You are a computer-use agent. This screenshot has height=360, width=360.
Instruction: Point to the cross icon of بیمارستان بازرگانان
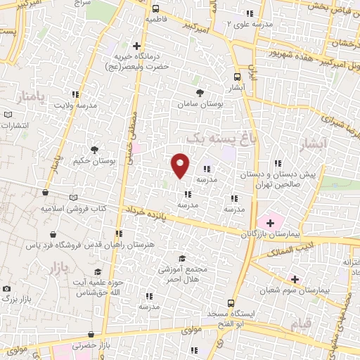coord(271,222)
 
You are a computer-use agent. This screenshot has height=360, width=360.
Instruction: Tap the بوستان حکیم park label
coord(94,161)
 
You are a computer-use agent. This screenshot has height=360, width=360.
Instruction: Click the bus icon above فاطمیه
coord(154,9)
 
